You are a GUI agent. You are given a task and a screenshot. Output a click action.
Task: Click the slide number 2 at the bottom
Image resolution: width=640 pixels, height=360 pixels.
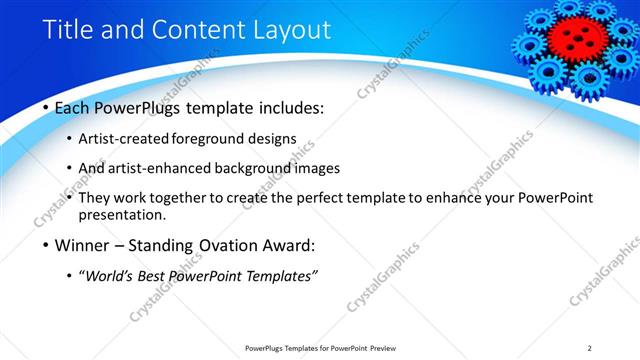(589, 347)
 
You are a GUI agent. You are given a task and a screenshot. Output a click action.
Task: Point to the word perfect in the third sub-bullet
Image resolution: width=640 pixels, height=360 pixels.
(319, 198)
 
